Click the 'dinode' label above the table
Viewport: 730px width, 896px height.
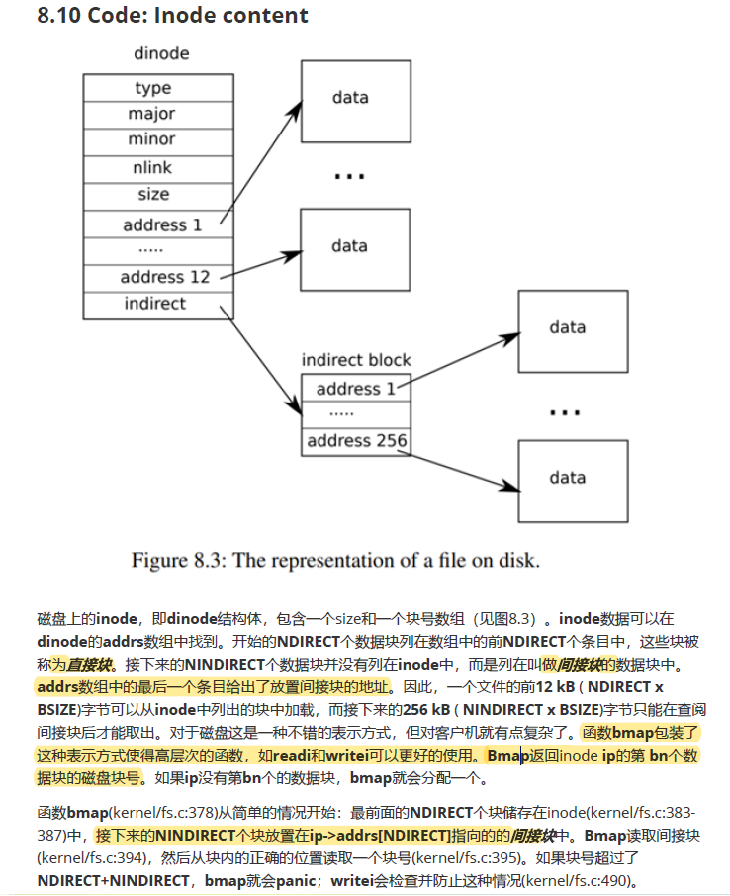[161, 53]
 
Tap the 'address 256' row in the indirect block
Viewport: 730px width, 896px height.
[356, 440]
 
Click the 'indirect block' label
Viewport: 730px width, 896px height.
[356, 360]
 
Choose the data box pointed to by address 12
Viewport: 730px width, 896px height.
[349, 245]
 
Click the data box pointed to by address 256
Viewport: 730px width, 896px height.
[567, 477]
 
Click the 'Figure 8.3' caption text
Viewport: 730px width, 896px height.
[335, 561]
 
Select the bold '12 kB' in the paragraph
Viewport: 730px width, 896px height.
[557, 686]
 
